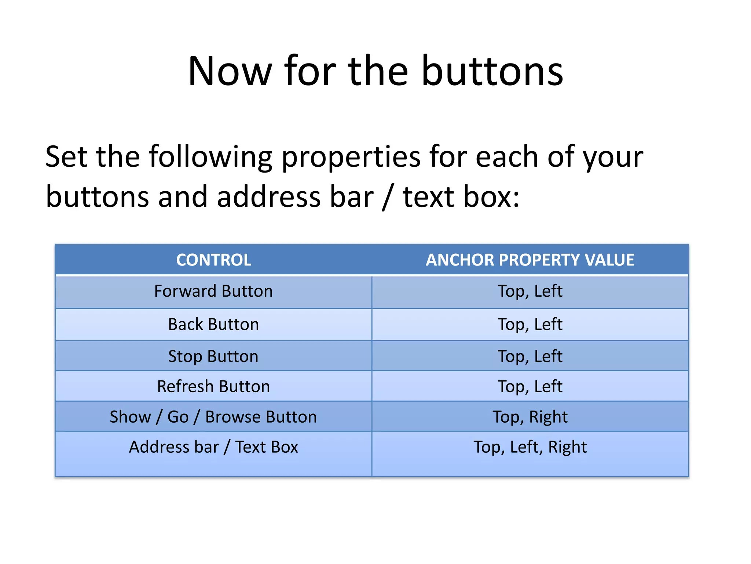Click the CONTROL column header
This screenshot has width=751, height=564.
tap(213, 260)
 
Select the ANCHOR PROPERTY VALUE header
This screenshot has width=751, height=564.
tap(530, 260)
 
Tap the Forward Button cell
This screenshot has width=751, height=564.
tap(213, 291)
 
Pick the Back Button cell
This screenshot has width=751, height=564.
tap(213, 324)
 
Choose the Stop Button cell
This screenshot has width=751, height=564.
tap(213, 356)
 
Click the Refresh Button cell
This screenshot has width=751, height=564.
tap(213, 386)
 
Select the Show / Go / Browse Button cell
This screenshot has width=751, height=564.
tap(213, 417)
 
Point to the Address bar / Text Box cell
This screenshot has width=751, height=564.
tap(213, 447)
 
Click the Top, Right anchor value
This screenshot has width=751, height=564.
tap(530, 417)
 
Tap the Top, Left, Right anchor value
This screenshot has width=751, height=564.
tap(530, 447)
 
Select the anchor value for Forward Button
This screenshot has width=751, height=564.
tap(530, 291)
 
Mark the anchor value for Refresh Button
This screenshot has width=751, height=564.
tap(530, 386)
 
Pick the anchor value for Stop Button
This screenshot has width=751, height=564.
tap(530, 356)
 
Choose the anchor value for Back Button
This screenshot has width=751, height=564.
tap(530, 324)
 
